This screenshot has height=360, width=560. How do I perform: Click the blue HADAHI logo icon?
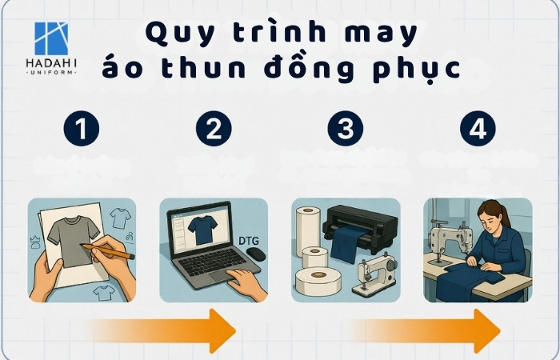coord(51,38)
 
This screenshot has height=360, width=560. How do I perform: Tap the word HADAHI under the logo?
coord(51,63)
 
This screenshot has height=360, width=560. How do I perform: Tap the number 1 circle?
coord(82,130)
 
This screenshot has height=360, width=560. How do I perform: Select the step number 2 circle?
coord(214,130)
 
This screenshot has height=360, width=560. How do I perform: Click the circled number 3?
coord(346,130)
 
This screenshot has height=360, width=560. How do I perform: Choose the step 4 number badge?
coord(478,130)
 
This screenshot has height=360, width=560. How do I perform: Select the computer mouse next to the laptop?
coord(255,253)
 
